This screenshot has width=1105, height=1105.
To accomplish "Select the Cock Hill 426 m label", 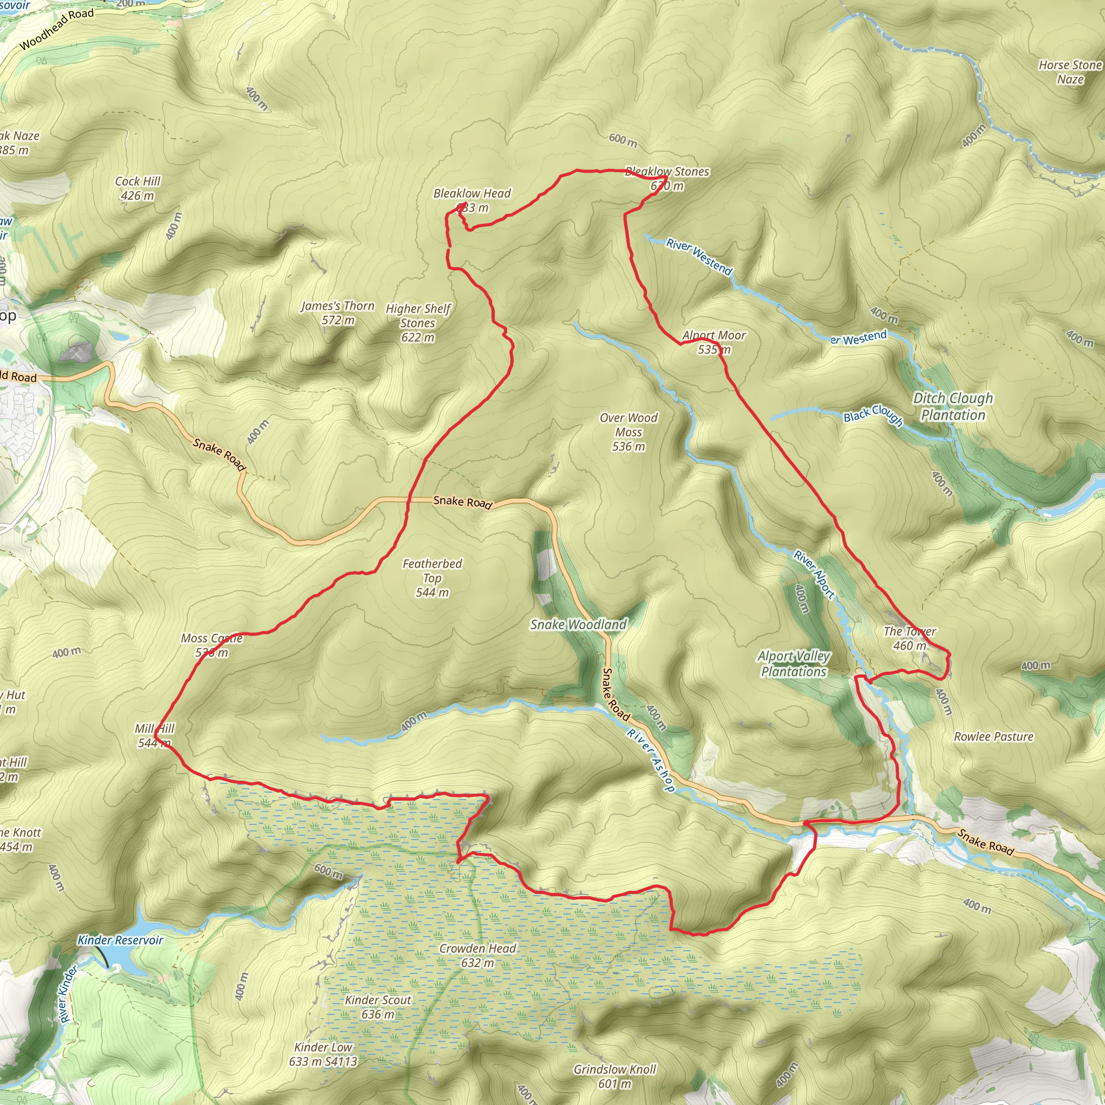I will click(137, 188).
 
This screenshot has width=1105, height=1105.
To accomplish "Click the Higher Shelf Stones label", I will click(418, 323).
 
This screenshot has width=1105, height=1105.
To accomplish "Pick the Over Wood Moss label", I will click(628, 432).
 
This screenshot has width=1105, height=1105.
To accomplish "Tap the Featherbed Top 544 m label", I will click(432, 578).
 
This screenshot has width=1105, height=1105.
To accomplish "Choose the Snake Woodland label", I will click(578, 625).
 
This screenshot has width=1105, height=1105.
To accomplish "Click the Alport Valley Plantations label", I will click(794, 664).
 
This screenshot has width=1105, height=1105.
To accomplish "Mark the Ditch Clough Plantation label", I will click(953, 406).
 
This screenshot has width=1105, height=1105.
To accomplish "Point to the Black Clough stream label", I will click(873, 414).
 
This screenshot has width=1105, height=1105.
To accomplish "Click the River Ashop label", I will click(651, 760).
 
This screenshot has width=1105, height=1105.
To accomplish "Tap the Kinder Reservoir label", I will click(120, 940).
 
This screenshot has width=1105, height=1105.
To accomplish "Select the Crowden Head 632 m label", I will click(478, 955).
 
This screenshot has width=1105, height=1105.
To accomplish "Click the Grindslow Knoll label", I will click(615, 1069).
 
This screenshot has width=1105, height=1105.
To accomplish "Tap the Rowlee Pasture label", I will click(993, 736).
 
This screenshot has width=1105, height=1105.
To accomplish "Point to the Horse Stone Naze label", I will click(1069, 72).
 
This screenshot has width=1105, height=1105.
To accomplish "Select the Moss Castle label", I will click(212, 638).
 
